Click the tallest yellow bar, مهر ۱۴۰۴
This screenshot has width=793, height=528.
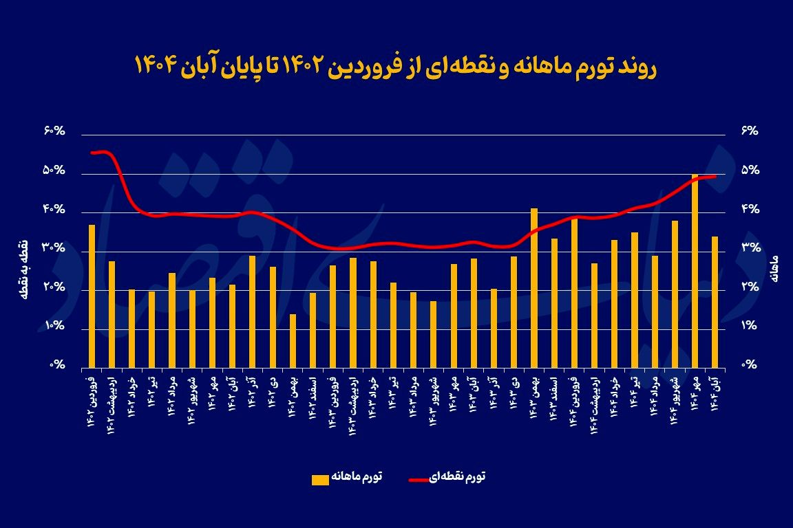pyautogui.click(x=695, y=271)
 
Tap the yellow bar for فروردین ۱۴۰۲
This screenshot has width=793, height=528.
pyautogui.click(x=92, y=296)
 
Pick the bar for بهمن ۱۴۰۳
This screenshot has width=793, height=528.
pyautogui.click(x=533, y=287)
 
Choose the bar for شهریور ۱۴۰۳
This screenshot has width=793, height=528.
pyautogui.click(x=433, y=334)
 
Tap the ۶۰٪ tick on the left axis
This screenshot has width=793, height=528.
pyautogui.click(x=53, y=131)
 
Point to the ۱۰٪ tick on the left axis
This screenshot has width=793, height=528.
pyautogui.click(x=53, y=327)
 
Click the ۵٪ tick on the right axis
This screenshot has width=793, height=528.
pyautogui.click(x=748, y=170)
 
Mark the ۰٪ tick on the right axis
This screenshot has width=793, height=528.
pyautogui.click(x=748, y=366)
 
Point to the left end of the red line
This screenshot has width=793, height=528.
pyautogui.click(x=92, y=153)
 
